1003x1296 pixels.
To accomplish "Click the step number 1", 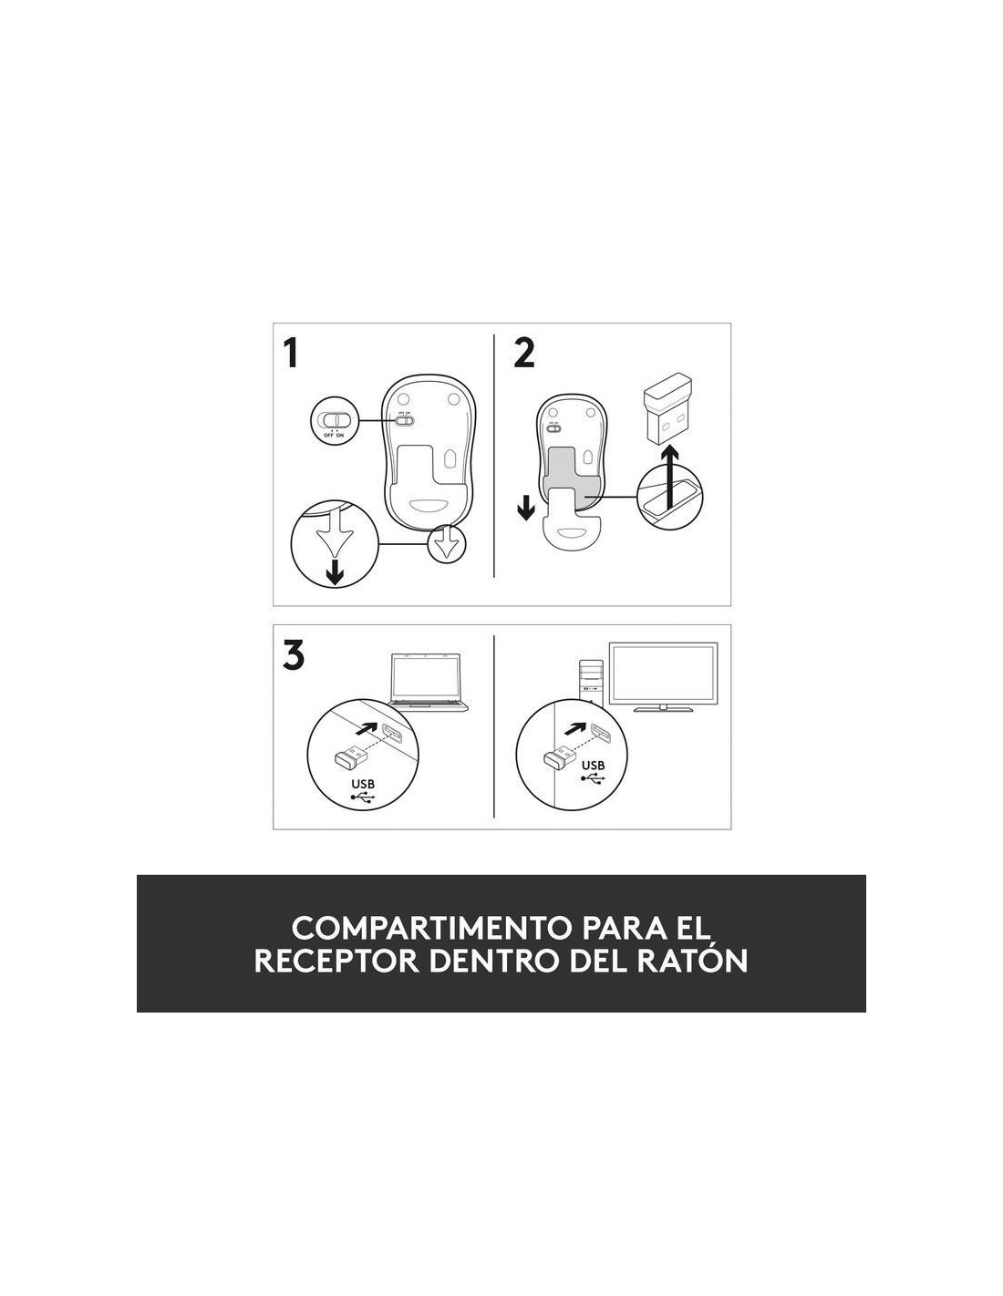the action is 291,353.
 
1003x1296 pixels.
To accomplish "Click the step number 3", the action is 293,655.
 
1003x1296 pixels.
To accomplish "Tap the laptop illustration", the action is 428,683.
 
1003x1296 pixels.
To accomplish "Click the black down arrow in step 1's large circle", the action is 336,572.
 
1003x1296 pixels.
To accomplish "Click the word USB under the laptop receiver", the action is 363,784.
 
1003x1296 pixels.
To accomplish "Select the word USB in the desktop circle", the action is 593,765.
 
